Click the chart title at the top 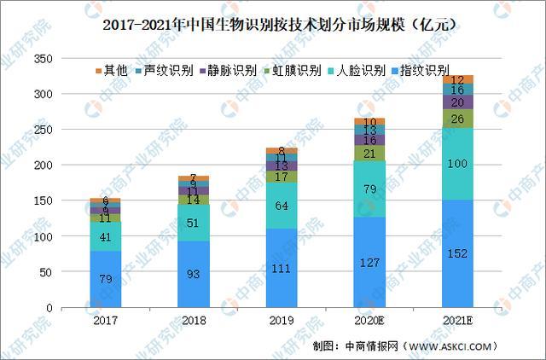(x=273, y=25)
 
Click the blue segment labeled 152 (x=457, y=253)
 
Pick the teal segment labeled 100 (x=457, y=164)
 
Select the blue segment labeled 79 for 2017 (x=105, y=279)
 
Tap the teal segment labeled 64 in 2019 (x=281, y=206)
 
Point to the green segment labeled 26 (x=457, y=119)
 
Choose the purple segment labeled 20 (x=457, y=102)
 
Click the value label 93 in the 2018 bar (x=193, y=275)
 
